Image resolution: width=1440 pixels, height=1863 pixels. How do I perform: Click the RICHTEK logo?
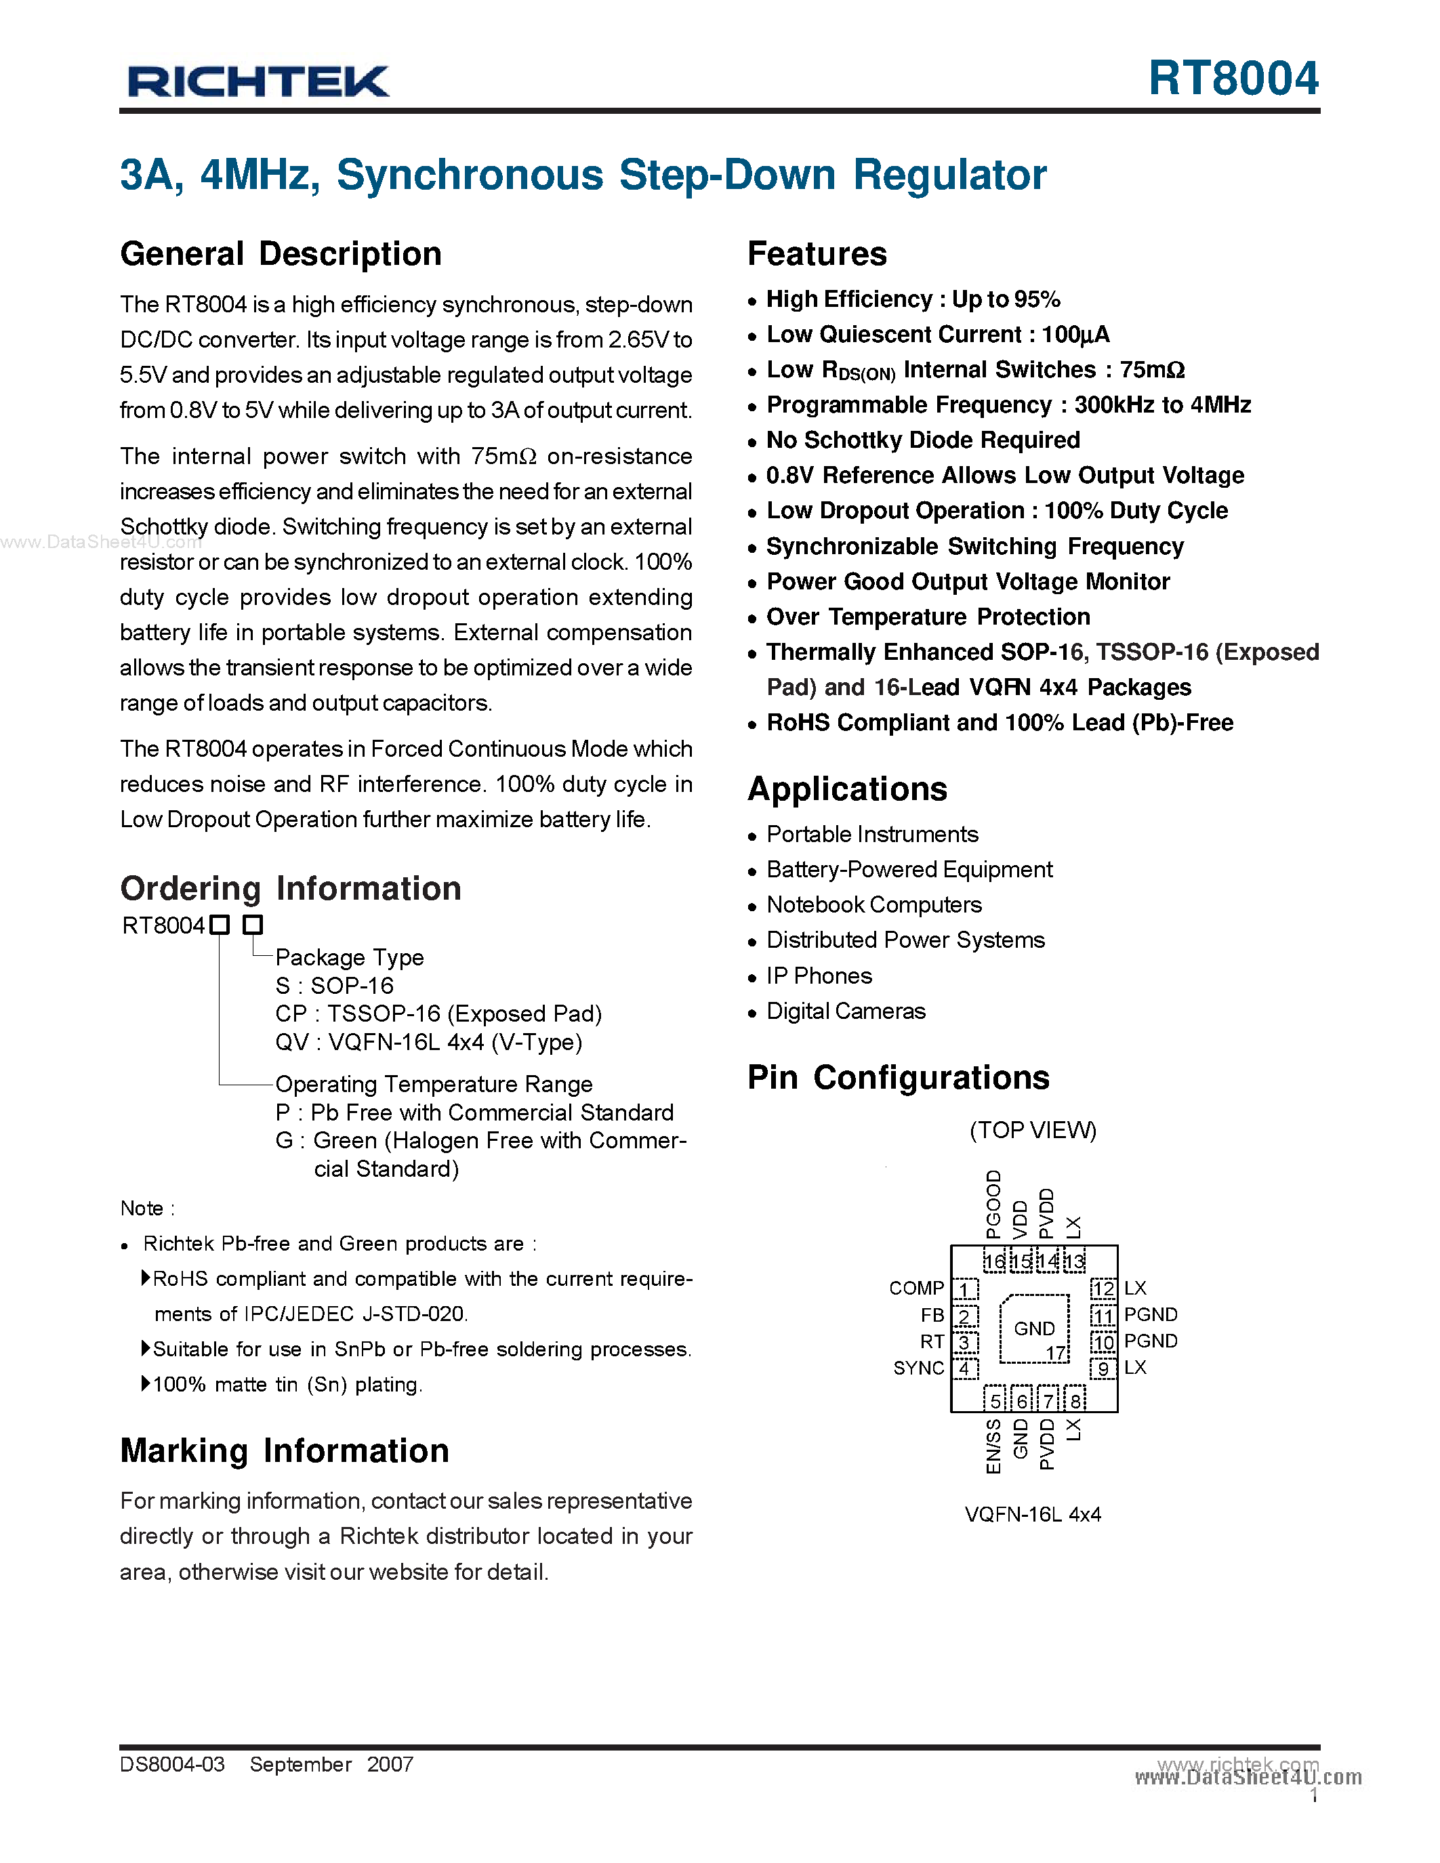(258, 82)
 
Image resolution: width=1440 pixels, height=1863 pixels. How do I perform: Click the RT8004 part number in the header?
(1233, 79)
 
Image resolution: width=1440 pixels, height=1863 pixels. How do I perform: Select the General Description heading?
(281, 254)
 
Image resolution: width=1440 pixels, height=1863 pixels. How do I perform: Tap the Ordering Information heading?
(291, 889)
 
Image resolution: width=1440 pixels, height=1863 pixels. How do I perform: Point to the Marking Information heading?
(285, 1451)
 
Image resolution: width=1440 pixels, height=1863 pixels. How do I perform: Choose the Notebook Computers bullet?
(873, 905)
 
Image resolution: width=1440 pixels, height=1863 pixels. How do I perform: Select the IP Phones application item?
(819, 976)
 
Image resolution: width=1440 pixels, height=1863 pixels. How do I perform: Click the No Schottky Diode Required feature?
(923, 440)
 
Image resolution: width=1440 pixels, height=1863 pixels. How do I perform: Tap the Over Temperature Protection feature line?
(928, 616)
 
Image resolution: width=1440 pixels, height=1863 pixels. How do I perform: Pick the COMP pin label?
(916, 1288)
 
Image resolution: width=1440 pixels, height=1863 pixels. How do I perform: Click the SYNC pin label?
(918, 1368)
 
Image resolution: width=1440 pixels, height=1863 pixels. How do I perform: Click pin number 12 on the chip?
(1103, 1289)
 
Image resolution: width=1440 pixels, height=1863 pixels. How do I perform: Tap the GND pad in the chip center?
(1034, 1329)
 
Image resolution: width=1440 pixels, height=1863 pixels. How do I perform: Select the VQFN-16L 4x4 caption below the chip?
(1032, 1514)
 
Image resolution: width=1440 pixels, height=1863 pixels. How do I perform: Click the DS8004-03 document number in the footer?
(172, 1764)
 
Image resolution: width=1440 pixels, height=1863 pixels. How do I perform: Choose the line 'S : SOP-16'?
(334, 986)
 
